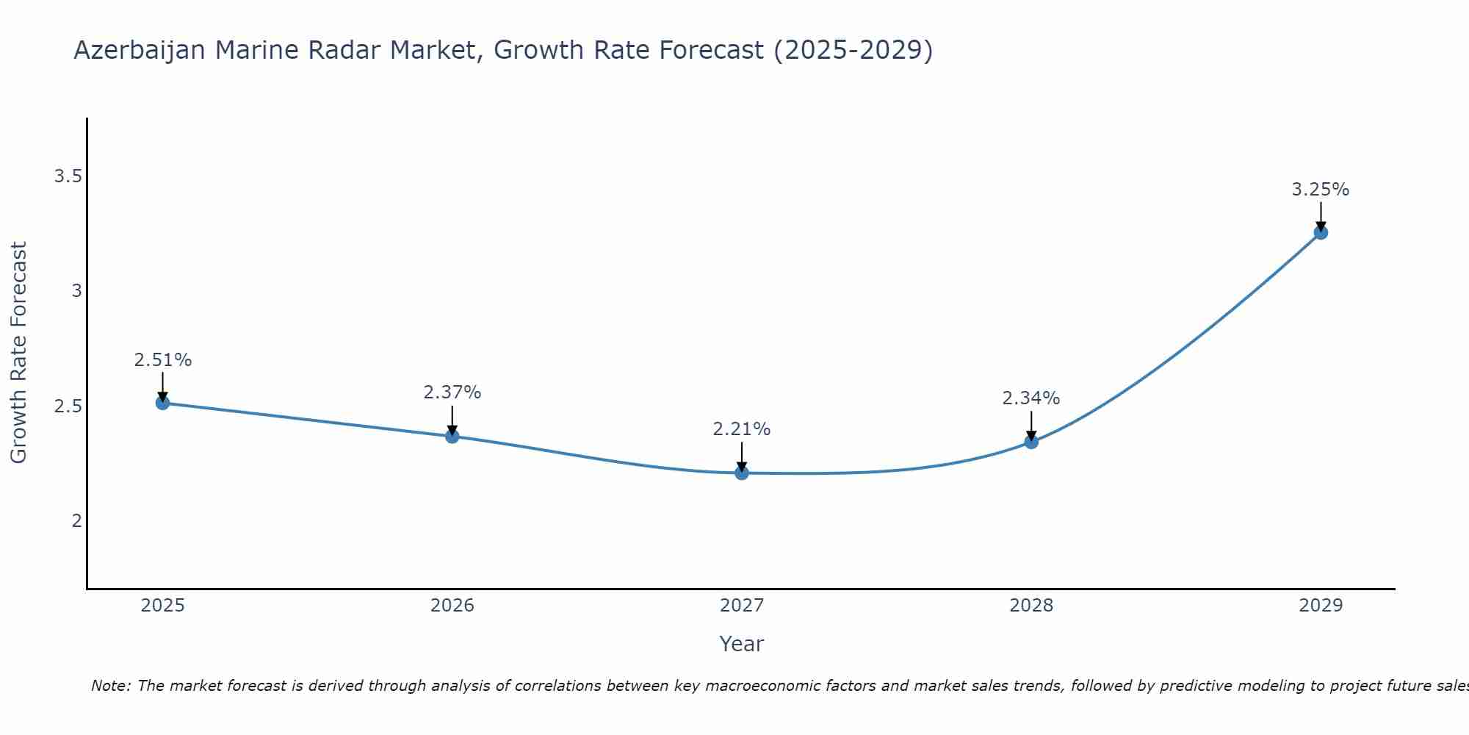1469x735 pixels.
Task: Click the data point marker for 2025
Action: coord(162,403)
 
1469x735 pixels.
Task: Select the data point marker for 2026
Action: coord(452,436)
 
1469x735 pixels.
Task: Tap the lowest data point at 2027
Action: coord(741,473)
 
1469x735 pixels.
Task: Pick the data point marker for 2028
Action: coord(1031,442)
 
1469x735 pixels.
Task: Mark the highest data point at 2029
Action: coord(1320,233)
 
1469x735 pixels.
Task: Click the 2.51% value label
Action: coord(162,360)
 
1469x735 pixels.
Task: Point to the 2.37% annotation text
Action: coord(452,392)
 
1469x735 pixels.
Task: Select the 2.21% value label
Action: coord(741,429)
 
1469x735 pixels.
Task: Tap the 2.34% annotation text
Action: coord(1031,398)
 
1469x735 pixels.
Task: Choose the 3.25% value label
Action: coord(1320,190)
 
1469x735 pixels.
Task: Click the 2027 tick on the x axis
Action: coord(741,606)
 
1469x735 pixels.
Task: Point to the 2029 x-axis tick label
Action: coord(1320,606)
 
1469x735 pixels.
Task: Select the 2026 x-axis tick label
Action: coord(452,606)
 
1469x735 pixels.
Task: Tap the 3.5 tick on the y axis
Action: coord(68,176)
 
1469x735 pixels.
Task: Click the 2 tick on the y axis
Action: coord(76,521)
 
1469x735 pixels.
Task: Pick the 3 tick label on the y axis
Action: coord(76,291)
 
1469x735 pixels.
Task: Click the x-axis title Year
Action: coord(741,644)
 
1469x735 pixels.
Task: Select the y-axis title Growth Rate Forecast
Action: coord(19,353)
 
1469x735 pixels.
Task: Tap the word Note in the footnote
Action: coord(110,686)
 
